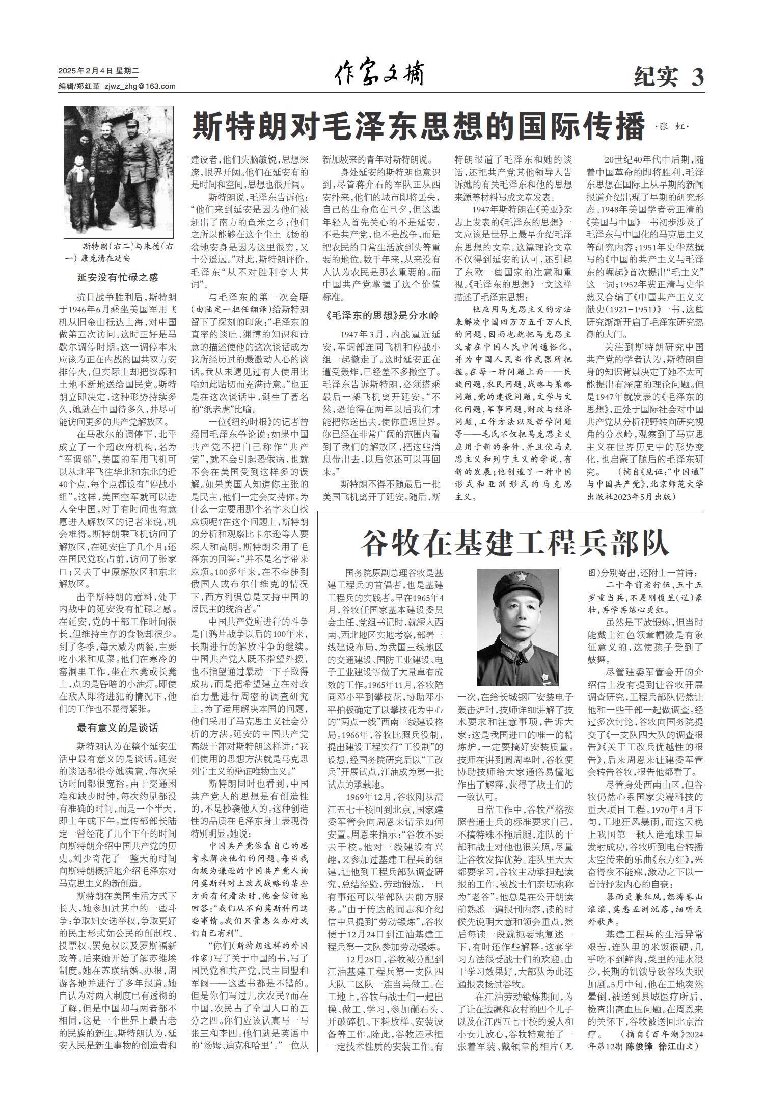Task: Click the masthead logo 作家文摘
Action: click(379, 74)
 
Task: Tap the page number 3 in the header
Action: click(697, 77)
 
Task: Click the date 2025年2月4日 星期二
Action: click(95, 71)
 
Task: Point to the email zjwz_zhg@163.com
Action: click(140, 86)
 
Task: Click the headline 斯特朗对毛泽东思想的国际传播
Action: click(418, 127)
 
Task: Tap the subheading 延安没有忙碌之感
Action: click(118, 278)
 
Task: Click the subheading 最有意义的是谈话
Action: click(118, 728)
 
